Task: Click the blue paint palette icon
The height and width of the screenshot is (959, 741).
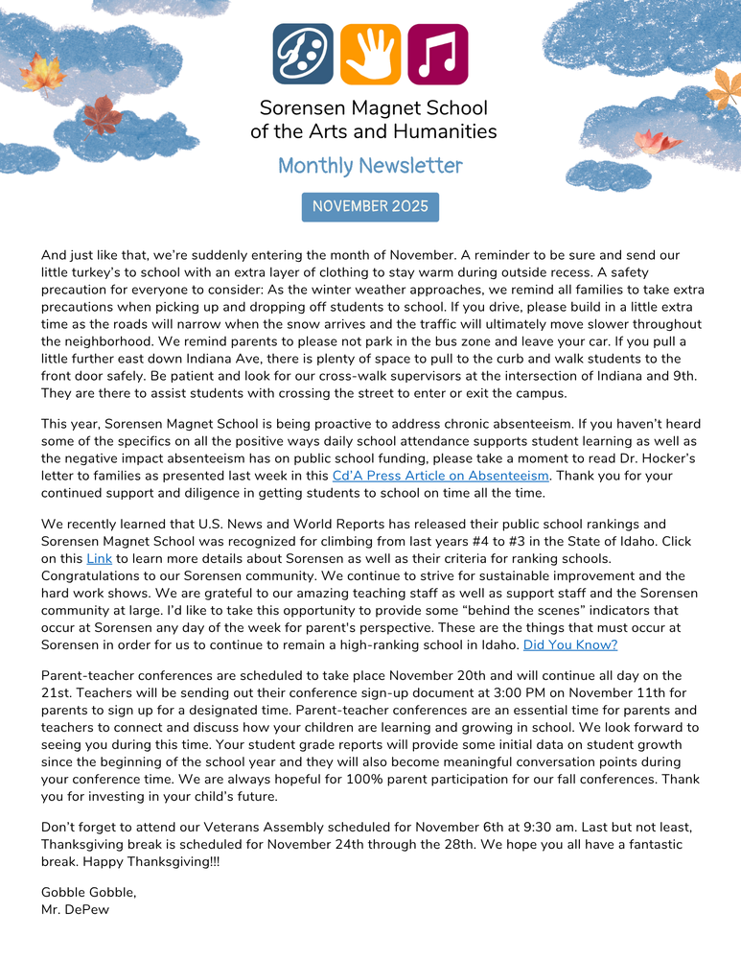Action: coord(303,55)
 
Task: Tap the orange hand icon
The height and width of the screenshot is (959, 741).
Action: coord(370,55)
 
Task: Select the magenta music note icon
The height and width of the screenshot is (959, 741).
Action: coord(438,55)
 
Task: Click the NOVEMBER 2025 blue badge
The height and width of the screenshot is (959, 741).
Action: coord(370,207)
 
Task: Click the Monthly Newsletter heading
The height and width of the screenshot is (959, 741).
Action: coord(370,166)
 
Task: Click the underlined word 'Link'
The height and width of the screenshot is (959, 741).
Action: coord(100,558)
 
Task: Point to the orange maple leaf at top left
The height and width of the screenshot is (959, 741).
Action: coord(41,72)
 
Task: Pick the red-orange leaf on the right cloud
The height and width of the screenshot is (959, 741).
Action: coord(656,143)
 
